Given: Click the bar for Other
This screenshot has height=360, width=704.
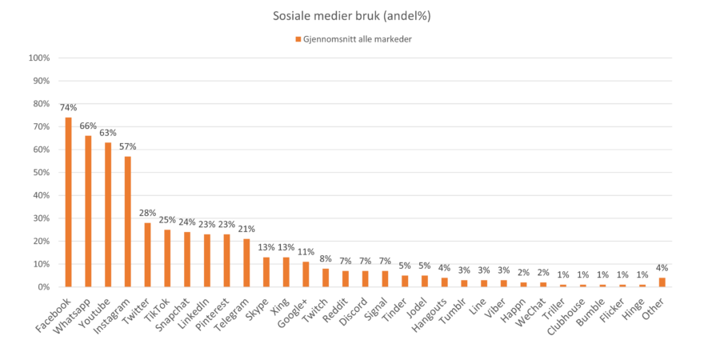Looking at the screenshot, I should click(x=662, y=281).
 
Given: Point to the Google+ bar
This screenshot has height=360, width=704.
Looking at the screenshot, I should click(x=306, y=273).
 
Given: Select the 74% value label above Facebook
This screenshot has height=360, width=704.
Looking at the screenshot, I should click(x=69, y=107).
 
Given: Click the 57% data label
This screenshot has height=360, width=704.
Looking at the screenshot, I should click(x=128, y=146).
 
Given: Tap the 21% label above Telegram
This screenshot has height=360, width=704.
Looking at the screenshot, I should click(x=246, y=229).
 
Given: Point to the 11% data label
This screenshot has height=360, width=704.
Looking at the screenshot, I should click(x=306, y=251).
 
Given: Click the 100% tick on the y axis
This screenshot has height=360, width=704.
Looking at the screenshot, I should click(x=38, y=58).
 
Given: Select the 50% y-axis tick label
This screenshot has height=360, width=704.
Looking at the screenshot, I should click(x=40, y=172).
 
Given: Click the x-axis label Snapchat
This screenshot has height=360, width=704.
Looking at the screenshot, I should click(x=176, y=307).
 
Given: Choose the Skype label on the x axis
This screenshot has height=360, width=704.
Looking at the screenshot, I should click(x=258, y=302).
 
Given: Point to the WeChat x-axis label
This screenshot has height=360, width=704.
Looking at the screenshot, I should click(x=532, y=306).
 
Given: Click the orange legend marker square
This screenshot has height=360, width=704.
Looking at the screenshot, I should click(x=298, y=38).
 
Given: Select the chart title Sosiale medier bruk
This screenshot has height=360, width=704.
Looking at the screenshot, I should click(x=352, y=16).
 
